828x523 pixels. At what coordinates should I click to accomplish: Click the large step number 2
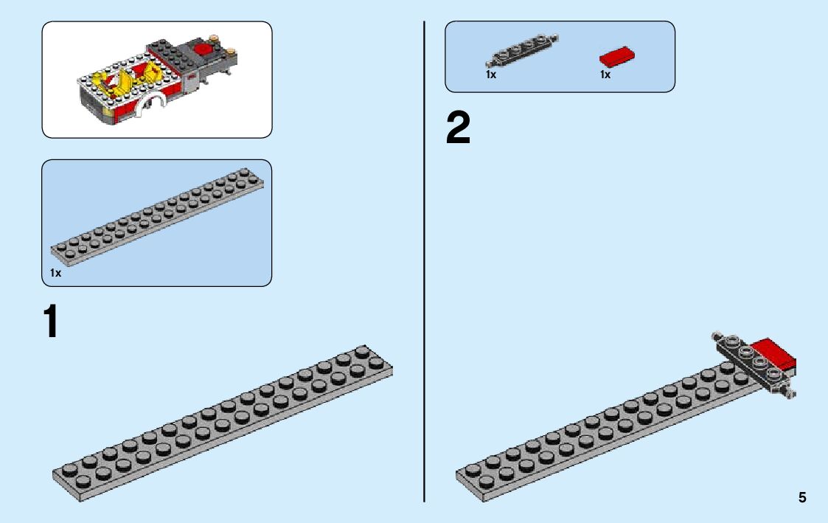(458, 130)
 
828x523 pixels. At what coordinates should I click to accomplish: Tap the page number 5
(802, 497)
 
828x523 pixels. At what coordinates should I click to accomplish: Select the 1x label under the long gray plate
(55, 273)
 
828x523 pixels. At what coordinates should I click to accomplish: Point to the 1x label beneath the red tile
(605, 75)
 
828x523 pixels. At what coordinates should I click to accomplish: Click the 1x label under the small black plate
(491, 75)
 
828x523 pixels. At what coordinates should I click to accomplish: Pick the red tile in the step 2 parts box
(617, 58)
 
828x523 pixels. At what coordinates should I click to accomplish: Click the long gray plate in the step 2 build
(605, 432)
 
